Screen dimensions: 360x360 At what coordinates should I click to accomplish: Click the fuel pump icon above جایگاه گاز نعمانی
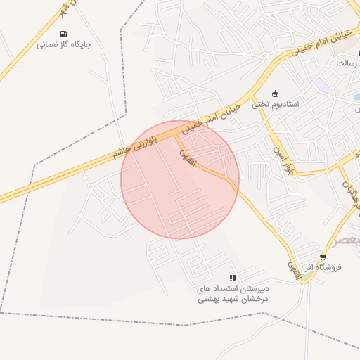coord(64,34)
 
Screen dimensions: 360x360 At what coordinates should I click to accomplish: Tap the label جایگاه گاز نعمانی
coord(64,44)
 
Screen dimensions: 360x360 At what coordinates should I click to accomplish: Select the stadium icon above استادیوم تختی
coord(275,94)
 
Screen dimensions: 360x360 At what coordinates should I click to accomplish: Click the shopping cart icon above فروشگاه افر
coord(323,257)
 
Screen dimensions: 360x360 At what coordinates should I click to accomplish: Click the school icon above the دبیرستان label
coord(233,278)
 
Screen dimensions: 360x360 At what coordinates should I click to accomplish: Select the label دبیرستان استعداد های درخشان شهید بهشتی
coord(233,293)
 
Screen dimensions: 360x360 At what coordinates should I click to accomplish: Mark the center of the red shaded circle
coord(180,179)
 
